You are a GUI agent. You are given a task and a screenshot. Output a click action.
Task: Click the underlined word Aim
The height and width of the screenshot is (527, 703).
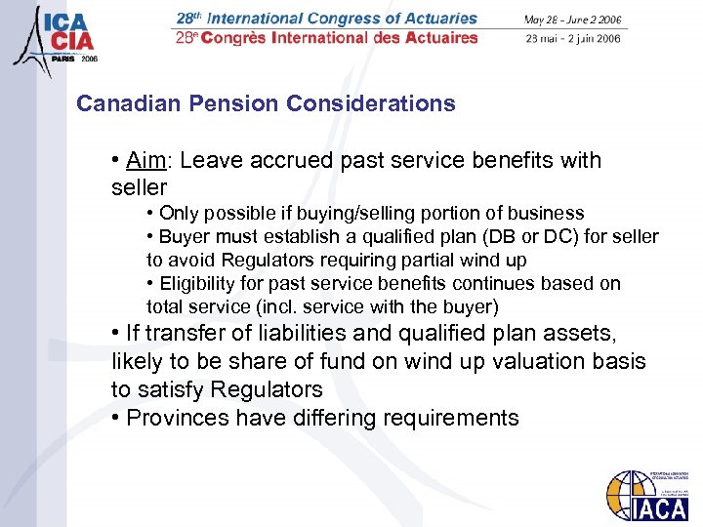click(145, 160)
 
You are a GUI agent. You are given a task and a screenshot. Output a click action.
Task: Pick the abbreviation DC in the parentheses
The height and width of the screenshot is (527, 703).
click(548, 236)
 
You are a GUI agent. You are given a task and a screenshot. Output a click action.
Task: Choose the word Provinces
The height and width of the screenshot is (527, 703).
click(177, 418)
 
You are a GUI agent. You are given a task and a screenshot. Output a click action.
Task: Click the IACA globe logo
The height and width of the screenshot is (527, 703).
click(645, 499)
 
